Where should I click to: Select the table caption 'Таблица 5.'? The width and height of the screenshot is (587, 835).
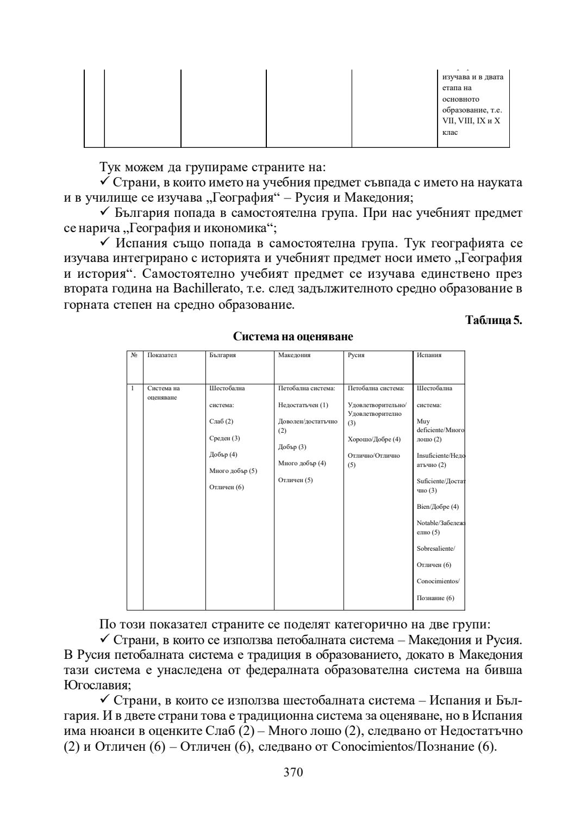(494, 320)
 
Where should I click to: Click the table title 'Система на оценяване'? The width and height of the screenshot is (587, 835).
(293, 337)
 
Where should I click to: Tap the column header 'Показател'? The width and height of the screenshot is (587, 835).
(162, 355)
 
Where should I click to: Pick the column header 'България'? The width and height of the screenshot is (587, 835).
(222, 355)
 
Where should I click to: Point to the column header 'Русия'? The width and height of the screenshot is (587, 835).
(356, 355)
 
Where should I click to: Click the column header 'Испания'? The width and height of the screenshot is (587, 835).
(429, 355)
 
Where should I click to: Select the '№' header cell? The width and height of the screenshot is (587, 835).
(134, 355)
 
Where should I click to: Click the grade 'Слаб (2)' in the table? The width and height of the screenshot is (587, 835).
(221, 421)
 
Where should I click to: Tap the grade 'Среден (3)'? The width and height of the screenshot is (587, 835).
(224, 438)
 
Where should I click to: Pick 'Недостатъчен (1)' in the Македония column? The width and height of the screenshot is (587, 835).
(303, 405)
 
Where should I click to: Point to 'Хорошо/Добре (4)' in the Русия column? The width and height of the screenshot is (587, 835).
(373, 439)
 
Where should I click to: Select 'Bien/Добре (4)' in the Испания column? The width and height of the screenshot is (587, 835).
(438, 507)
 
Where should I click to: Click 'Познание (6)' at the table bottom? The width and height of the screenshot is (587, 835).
(435, 598)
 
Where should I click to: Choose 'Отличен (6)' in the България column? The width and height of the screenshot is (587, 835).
(227, 487)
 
